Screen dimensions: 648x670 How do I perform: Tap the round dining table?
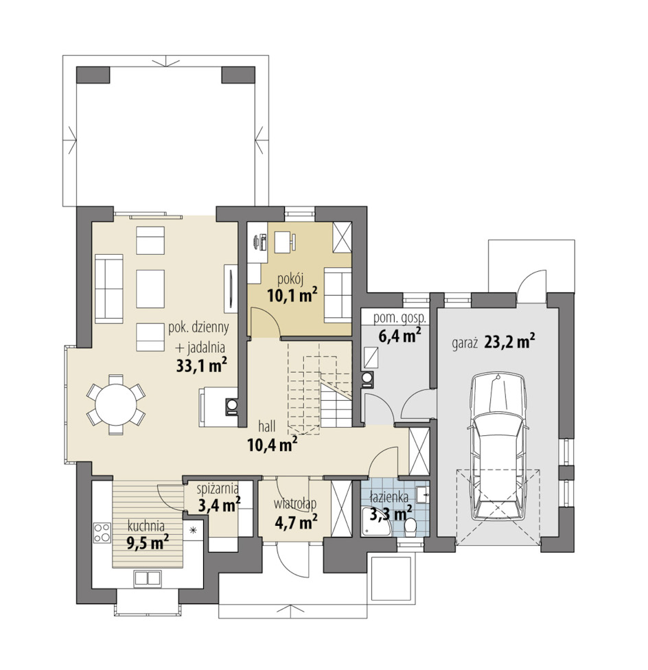tap(116, 404)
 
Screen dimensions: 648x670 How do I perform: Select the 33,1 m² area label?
tap(200, 366)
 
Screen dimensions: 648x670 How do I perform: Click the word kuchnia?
tap(146, 527)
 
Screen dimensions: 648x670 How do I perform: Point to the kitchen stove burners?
tap(102, 533)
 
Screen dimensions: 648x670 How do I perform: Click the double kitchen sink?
tap(147, 578)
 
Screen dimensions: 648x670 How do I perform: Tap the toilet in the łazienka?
tap(410, 526)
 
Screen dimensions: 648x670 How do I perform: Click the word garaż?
tap(465, 343)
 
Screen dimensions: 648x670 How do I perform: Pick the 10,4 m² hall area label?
tap(272, 446)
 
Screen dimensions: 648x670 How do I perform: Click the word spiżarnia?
tap(218, 488)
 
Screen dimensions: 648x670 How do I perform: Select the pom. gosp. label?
tap(400, 318)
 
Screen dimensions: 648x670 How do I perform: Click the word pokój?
tap(290, 280)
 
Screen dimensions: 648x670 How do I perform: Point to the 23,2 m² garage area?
tap(510, 343)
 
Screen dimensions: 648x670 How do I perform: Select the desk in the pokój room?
tap(282, 242)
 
